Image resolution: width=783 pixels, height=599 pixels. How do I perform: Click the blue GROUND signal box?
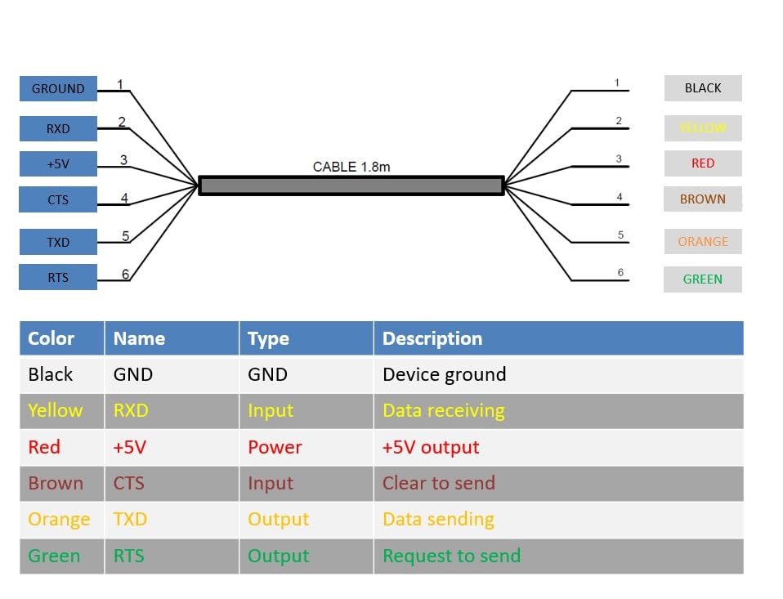click(x=58, y=88)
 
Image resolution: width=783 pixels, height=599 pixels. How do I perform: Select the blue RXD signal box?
click(x=58, y=128)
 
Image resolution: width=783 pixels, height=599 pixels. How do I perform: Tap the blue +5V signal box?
click(x=58, y=163)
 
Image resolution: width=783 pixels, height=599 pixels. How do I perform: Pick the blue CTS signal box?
click(x=58, y=199)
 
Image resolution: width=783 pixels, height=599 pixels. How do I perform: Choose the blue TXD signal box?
click(x=58, y=242)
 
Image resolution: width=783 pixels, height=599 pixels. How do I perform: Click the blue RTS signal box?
click(x=58, y=277)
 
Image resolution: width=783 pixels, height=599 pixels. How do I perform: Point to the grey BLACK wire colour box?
click(x=703, y=88)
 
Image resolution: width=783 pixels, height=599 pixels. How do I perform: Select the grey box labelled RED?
click(x=703, y=163)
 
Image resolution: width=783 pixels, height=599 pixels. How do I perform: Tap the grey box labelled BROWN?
click(x=703, y=199)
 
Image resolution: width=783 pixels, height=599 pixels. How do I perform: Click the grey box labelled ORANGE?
click(x=703, y=241)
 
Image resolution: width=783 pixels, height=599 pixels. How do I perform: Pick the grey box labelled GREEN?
click(x=703, y=279)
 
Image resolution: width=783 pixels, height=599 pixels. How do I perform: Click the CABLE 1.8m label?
click(x=351, y=167)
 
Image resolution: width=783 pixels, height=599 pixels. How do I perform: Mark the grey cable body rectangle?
click(x=351, y=186)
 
